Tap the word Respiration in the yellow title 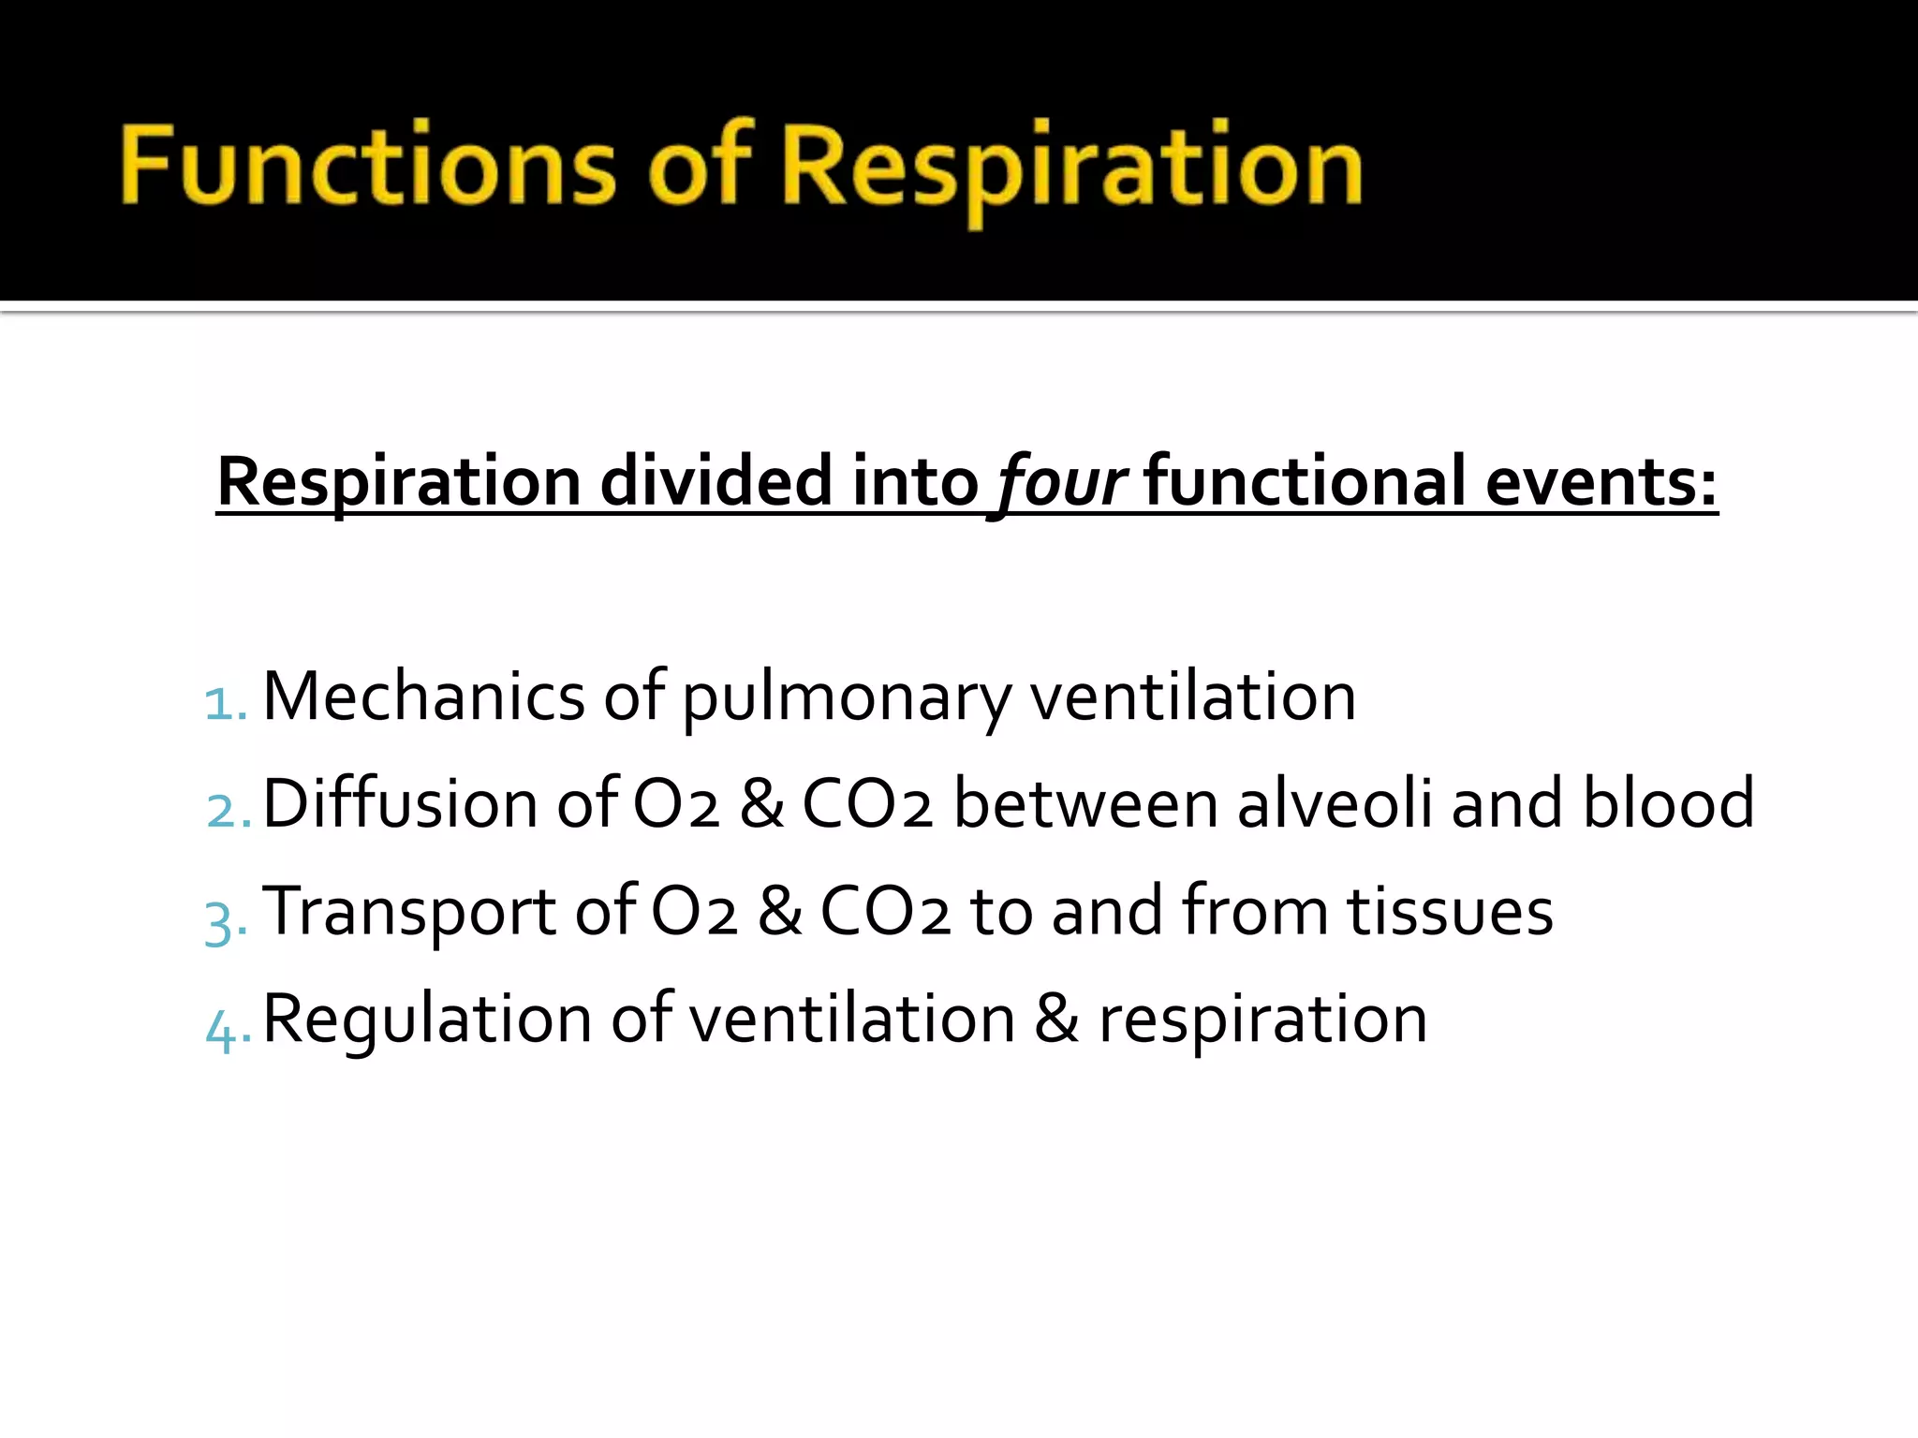tap(1071, 169)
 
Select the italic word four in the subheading tap(1060, 483)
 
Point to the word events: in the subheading tap(1601, 481)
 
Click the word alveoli tap(1335, 803)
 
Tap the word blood tap(1668, 803)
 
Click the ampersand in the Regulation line tap(1055, 1019)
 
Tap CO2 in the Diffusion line tap(867, 803)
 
